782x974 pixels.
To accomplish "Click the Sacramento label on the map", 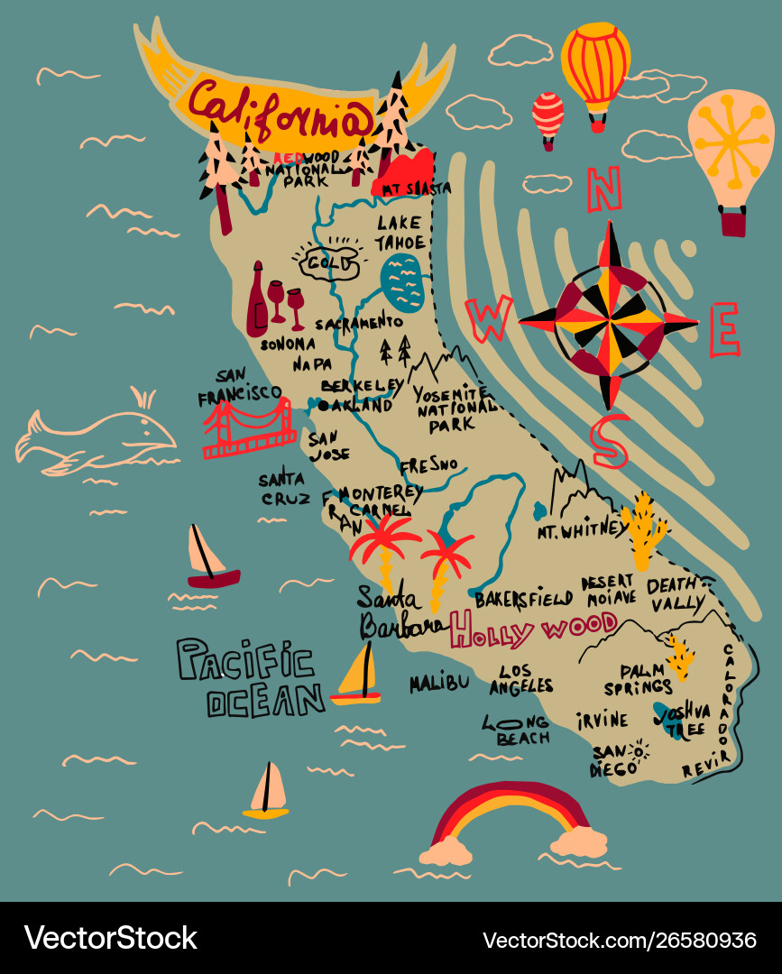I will coord(358,322).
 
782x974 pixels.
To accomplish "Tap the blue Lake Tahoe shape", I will coord(401,282).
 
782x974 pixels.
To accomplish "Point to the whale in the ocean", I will coord(99,439).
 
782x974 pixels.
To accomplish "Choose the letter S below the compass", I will coord(610,442).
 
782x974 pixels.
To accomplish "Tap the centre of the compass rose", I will coord(609,319).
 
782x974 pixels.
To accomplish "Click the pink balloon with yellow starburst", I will coord(731,149).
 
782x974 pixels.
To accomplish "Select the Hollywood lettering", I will coord(534,629).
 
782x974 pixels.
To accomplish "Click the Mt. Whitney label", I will coord(580,531).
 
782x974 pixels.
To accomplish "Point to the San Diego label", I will coord(614,760).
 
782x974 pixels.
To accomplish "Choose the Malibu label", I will coord(439,683).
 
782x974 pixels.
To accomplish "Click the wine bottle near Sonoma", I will coord(258,299).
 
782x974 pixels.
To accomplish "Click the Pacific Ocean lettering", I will coord(250,677).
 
